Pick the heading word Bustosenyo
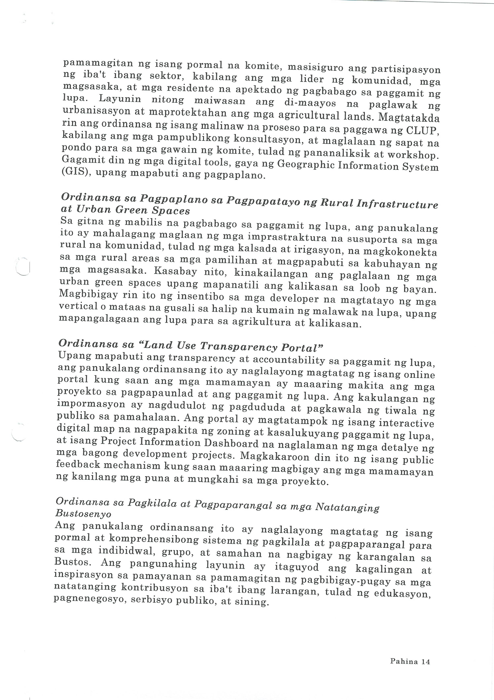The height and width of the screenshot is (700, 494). pyautogui.click(x=83, y=514)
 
